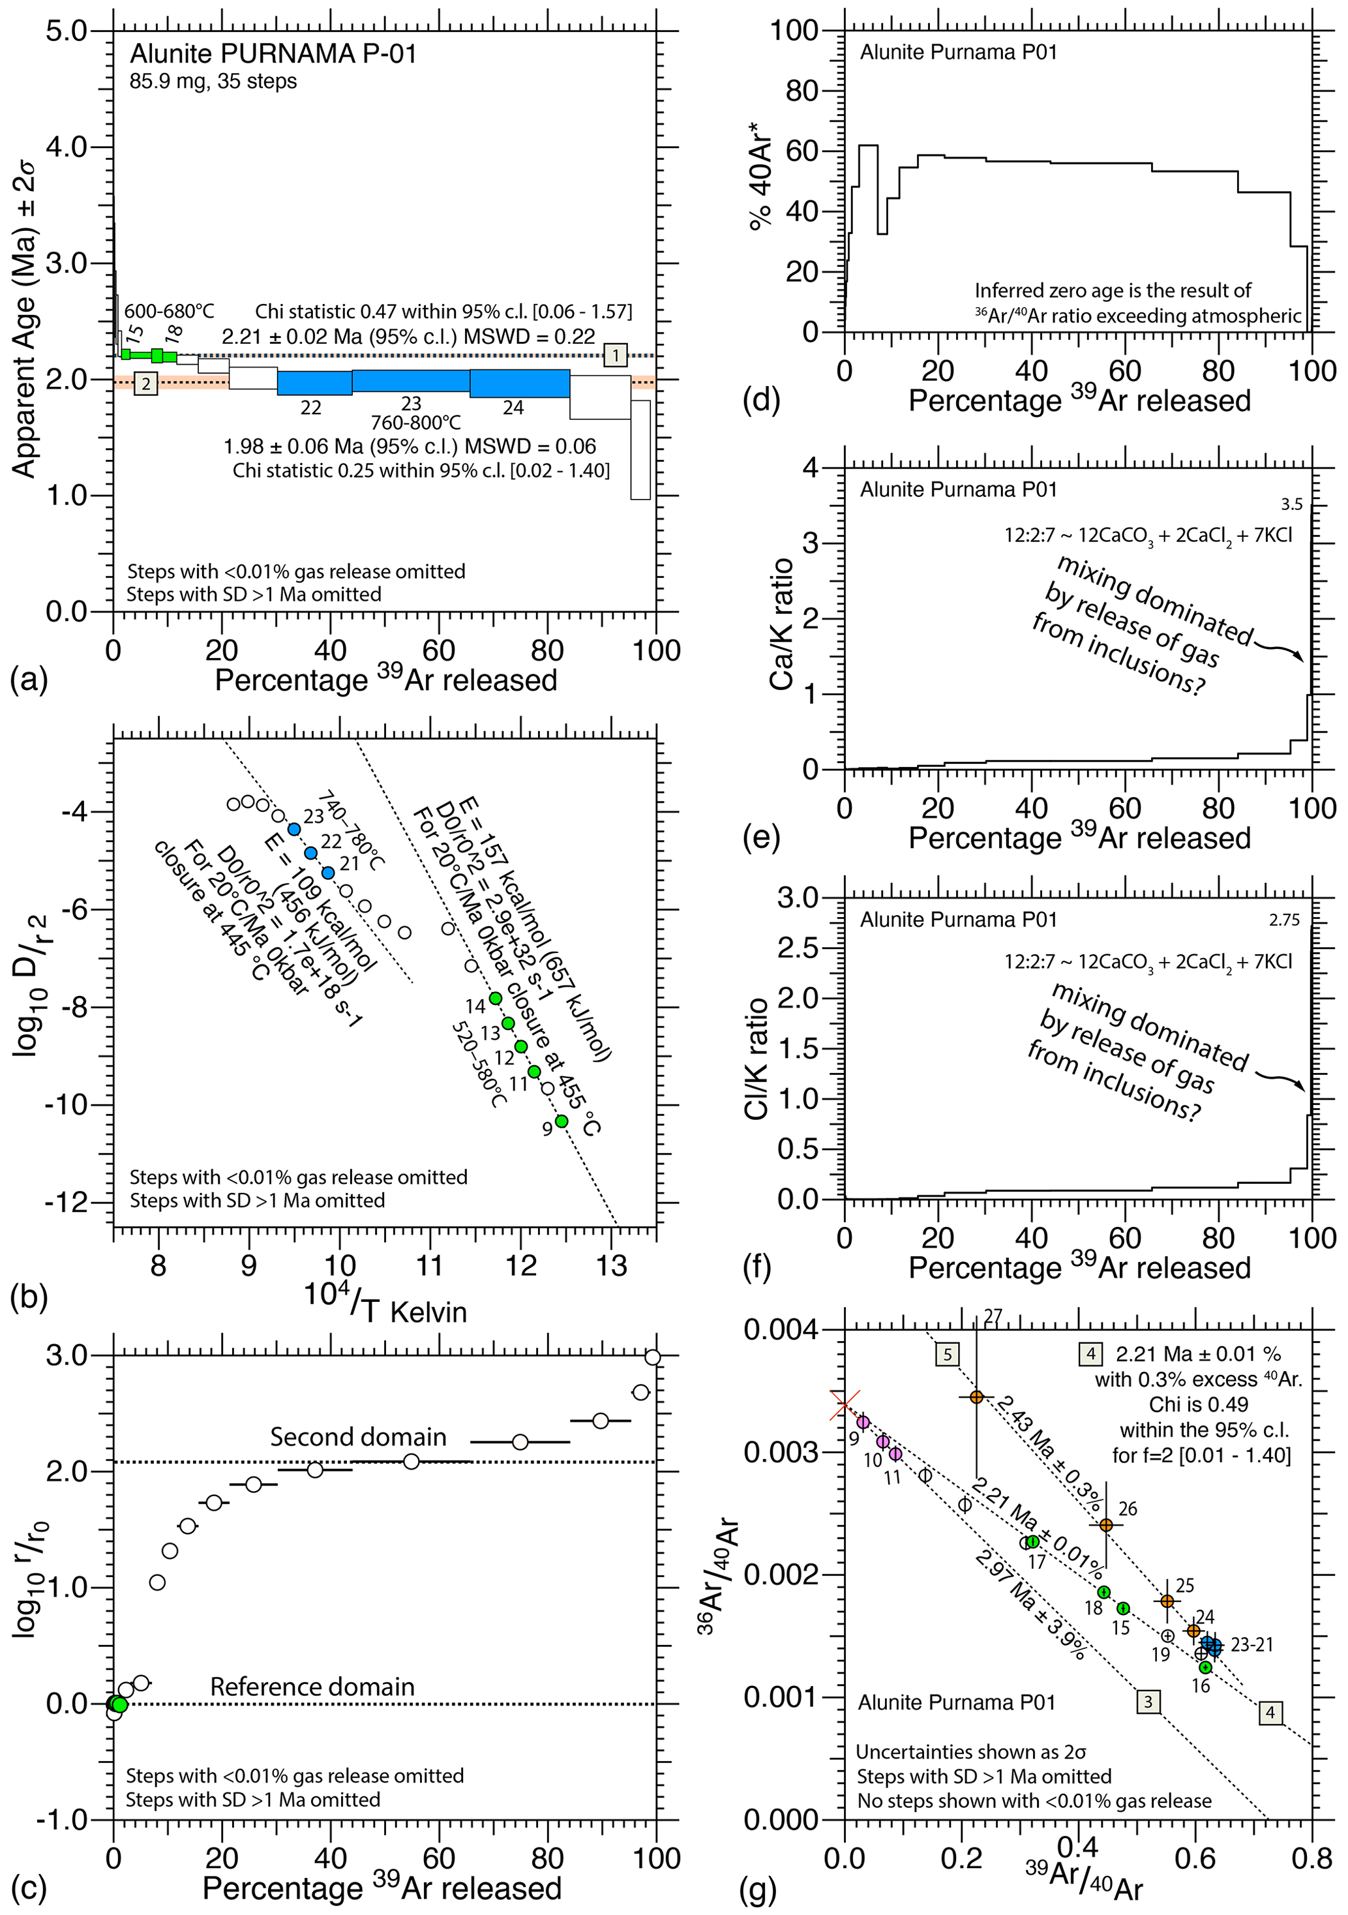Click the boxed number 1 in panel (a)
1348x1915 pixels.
click(x=616, y=355)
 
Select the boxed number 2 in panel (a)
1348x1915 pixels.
click(x=146, y=384)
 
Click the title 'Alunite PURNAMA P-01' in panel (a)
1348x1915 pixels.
click(x=273, y=54)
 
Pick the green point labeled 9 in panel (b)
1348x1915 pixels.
click(x=562, y=1121)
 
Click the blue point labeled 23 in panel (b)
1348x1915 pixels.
click(x=293, y=829)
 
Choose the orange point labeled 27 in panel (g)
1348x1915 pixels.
click(x=976, y=1396)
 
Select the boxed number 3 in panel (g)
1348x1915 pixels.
click(x=1148, y=1702)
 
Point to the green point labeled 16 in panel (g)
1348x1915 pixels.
click(x=1205, y=1667)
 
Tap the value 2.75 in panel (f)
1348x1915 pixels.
click(x=1284, y=920)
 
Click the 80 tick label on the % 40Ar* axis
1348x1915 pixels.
click(x=800, y=91)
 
